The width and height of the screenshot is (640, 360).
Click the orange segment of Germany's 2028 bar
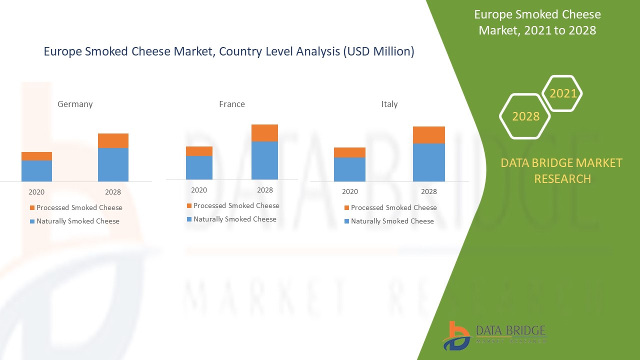click(x=113, y=140)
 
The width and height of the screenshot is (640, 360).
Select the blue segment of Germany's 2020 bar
click(x=36, y=170)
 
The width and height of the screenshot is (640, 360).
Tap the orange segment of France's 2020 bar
click(x=199, y=151)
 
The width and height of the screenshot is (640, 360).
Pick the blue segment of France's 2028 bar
click(x=264, y=160)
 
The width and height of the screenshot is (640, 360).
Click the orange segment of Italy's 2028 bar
click(x=428, y=135)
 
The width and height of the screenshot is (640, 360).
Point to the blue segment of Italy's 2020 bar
click(x=349, y=169)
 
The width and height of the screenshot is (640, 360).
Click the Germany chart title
click(x=75, y=104)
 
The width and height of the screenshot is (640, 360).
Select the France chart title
click(x=232, y=104)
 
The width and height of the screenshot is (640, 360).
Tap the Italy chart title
click(x=389, y=104)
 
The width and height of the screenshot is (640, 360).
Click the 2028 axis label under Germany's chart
click(x=113, y=192)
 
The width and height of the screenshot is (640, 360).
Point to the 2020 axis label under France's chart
click(x=199, y=190)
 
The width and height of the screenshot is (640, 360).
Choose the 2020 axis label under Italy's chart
click(x=350, y=191)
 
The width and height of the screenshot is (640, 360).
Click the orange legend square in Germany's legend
click(x=32, y=208)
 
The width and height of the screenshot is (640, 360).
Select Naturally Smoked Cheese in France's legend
click(x=234, y=219)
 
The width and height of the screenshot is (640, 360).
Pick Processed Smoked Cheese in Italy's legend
click(x=393, y=207)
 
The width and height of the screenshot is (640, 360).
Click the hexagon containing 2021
click(x=562, y=93)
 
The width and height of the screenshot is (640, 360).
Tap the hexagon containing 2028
click(x=525, y=116)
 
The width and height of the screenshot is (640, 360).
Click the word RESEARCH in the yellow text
click(x=562, y=178)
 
